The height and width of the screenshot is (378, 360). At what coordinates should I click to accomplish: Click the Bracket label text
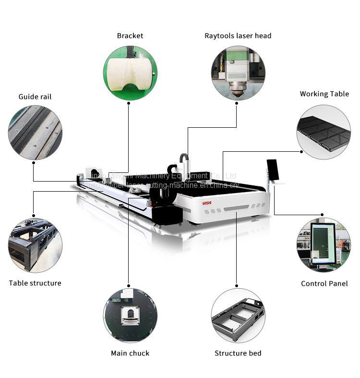click(130, 36)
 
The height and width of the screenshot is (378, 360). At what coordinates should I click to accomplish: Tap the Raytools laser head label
click(238, 36)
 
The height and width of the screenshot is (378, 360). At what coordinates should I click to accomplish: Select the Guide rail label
click(35, 97)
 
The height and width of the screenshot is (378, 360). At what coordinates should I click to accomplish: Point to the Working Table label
click(324, 94)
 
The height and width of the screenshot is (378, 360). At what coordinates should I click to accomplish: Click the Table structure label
click(35, 283)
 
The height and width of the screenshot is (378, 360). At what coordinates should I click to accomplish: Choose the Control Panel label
click(324, 283)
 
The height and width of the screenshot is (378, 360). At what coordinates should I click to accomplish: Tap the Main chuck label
click(130, 353)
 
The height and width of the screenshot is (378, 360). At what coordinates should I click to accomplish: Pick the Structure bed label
click(238, 353)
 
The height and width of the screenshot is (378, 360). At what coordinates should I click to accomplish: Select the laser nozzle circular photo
click(238, 73)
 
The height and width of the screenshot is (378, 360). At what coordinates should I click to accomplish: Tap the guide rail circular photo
click(35, 133)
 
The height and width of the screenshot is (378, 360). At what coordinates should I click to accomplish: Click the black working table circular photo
click(324, 132)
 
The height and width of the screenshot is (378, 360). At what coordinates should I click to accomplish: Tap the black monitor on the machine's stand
click(273, 170)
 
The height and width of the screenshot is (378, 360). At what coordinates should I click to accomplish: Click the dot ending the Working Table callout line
click(301, 152)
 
